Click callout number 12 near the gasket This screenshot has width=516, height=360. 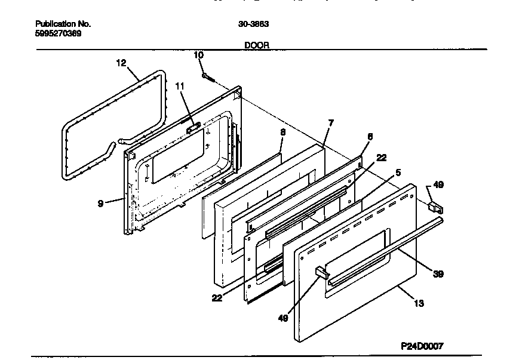pos(121,62)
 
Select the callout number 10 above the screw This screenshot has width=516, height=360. pos(199,55)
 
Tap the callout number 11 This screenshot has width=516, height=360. pos(180,87)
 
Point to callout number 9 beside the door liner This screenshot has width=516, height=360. pos(101,204)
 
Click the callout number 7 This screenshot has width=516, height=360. pos(331,122)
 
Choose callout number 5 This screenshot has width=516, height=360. pos(398,173)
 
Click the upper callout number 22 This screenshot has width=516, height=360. pos(382,158)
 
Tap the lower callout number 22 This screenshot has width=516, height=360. pos(217,297)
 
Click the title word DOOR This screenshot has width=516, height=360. pos(257,45)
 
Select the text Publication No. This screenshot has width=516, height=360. pos(63,24)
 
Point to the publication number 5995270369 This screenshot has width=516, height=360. pos(59,33)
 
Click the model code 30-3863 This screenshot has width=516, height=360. pos(253,24)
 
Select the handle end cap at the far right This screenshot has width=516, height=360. pos(435,206)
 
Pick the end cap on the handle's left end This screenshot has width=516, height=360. pos(321,272)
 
